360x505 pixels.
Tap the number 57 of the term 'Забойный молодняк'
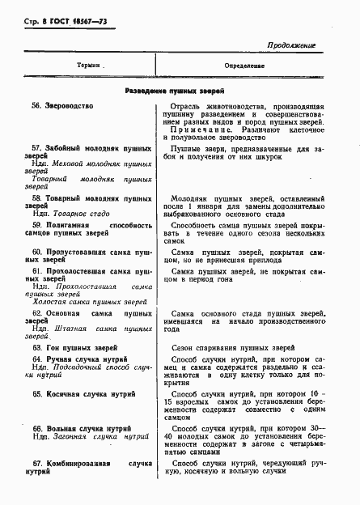click(x=36, y=150)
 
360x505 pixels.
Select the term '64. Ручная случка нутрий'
click(x=79, y=358)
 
